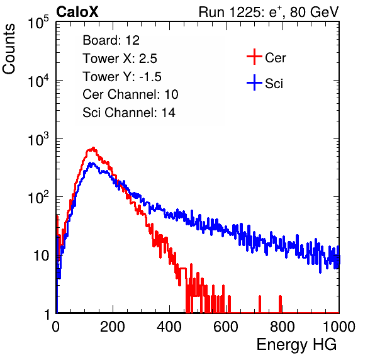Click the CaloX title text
[77, 12]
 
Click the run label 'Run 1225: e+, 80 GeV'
[269, 12]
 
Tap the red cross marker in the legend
[254, 57]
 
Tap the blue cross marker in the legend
[254, 82]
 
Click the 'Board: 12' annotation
[111, 40]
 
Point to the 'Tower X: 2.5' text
[120, 59]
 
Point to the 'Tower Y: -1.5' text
[122, 77]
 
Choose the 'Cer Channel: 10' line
[130, 94]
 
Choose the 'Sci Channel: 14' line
[129, 113]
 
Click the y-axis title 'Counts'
[9, 49]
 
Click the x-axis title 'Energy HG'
[296, 345]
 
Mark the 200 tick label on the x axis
[113, 327]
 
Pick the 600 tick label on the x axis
[226, 327]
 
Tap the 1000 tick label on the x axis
[339, 327]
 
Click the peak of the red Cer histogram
[94, 148]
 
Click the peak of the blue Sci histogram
[91, 163]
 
